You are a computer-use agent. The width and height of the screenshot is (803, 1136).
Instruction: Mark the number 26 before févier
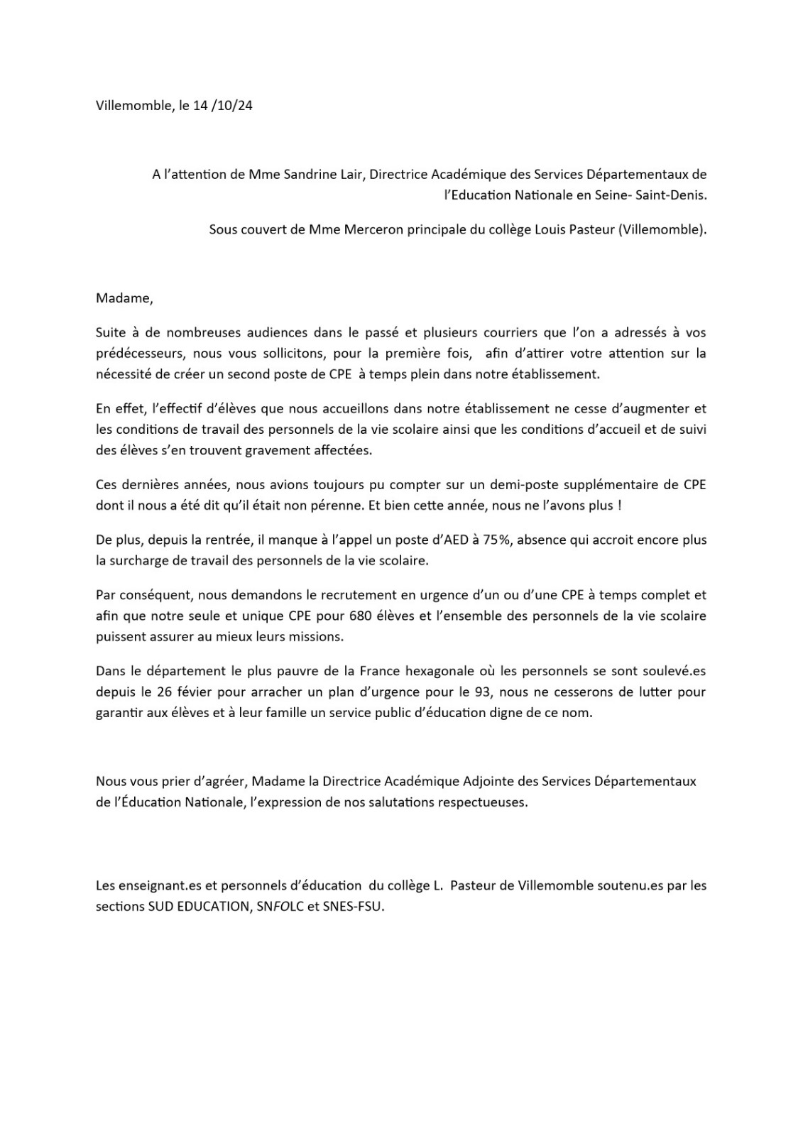point(168,692)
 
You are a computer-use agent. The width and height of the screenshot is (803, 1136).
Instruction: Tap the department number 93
point(481,692)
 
